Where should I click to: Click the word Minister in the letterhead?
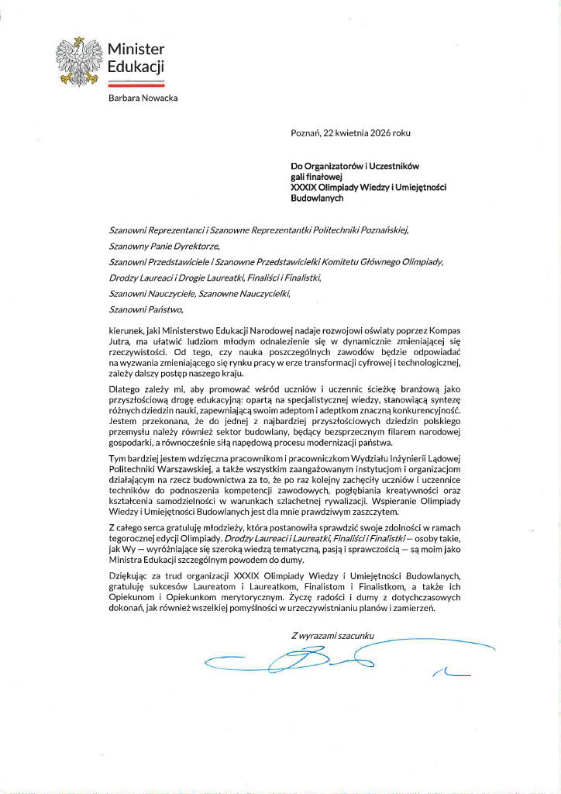click(136, 50)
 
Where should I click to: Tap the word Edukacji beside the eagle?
click(136, 67)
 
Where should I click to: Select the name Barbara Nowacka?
click(143, 97)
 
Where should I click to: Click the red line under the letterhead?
click(136, 85)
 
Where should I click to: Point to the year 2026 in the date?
click(379, 133)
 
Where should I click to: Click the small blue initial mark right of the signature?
click(452, 671)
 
